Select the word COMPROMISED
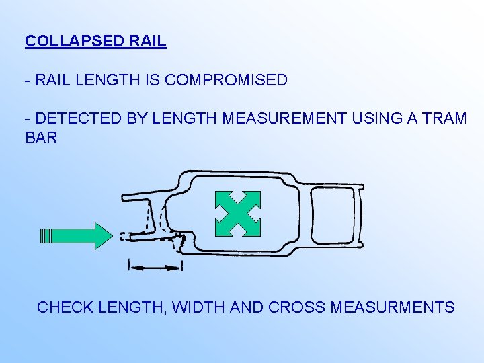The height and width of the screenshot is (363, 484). [x=226, y=80]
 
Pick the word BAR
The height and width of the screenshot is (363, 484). [x=41, y=138]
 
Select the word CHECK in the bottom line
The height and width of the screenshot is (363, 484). [x=65, y=307]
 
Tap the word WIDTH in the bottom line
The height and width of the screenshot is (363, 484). [x=198, y=307]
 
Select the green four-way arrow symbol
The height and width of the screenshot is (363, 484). [x=237, y=214]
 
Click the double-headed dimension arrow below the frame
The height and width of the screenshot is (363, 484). [x=155, y=268]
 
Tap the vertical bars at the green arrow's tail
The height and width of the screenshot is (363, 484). [x=45, y=236]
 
